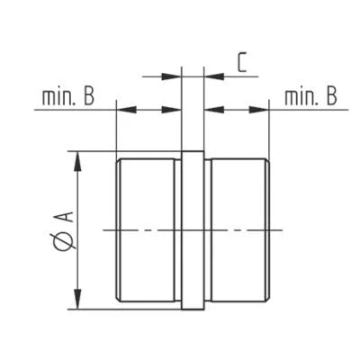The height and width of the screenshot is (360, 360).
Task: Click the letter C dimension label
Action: (242, 62)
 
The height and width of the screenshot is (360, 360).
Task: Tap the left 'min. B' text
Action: (68, 96)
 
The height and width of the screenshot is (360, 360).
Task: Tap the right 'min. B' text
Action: (310, 96)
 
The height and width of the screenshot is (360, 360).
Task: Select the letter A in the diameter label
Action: (67, 217)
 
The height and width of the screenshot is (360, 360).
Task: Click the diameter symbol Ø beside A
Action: (67, 241)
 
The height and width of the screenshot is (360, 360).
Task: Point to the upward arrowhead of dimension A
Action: (77, 162)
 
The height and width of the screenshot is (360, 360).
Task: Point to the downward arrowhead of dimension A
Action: (77, 299)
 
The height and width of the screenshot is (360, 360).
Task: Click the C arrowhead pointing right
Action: (172, 76)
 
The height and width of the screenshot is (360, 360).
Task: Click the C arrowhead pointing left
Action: (214, 76)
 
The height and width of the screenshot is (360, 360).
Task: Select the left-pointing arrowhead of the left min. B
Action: (126, 110)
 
